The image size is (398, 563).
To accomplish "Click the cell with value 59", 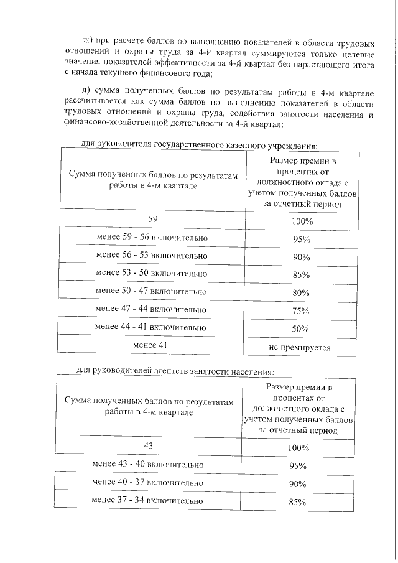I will coord(152,220).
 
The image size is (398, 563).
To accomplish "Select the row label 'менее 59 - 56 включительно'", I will coord(152,238).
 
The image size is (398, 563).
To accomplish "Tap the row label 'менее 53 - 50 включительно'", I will coord(152,274).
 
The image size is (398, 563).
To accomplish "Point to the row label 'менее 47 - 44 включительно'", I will coord(152,309).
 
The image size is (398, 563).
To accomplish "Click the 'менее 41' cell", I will coord(152,345).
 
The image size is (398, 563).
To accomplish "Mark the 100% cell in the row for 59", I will coord(302,222).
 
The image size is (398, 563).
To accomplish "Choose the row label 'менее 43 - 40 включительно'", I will coord(148,464).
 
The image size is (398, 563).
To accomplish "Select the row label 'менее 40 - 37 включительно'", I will coord(148,482).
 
